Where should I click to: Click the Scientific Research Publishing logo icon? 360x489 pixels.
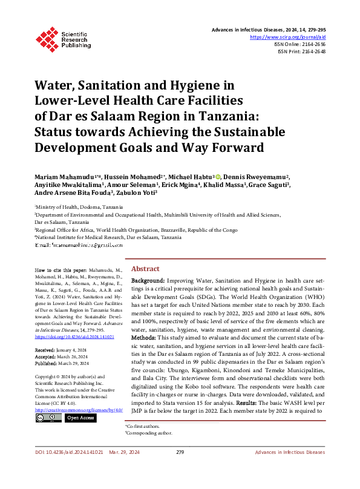(x=47, y=37)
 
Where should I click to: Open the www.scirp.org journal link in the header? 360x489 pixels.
(x=292, y=37)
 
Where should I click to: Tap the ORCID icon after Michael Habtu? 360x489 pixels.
(x=218, y=174)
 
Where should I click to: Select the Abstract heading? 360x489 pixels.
(x=145, y=268)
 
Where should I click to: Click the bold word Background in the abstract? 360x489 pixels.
(x=148, y=281)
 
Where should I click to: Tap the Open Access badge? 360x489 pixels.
(x=80, y=418)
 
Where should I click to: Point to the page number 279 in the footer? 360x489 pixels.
(x=180, y=468)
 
